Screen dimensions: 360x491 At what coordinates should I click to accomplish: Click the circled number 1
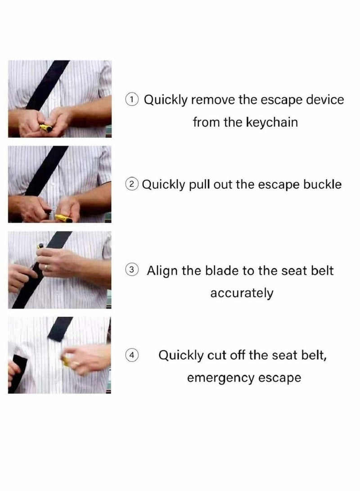(x=132, y=99)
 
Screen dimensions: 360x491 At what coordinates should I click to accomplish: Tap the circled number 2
(x=132, y=184)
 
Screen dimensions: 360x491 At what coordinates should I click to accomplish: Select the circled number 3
(x=132, y=270)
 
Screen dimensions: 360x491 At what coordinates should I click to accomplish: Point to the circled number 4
(x=132, y=355)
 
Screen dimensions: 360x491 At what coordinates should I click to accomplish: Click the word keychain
(x=272, y=122)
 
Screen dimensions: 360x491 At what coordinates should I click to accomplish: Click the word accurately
(x=242, y=293)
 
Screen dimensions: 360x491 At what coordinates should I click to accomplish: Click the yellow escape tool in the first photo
(x=46, y=128)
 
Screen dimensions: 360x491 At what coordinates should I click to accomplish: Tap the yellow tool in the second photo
(x=63, y=218)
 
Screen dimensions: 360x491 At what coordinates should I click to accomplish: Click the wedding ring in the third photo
(x=46, y=268)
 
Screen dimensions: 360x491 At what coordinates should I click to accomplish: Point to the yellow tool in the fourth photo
(x=65, y=361)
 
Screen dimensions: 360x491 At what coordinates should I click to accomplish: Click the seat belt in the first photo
(x=47, y=85)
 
